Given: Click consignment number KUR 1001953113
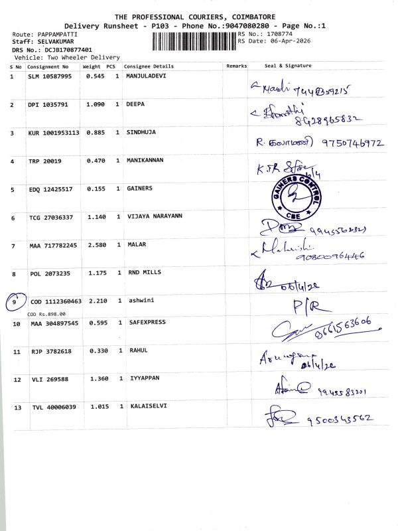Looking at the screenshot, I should point(54,133).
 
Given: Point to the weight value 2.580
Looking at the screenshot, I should point(97,246).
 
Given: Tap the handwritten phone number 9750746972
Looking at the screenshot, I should point(352,142).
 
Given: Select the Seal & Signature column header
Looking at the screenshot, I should point(288,66).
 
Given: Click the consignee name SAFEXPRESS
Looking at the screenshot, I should point(147,323).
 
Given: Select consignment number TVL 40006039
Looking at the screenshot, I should point(54,407).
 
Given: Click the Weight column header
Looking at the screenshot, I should point(91,66).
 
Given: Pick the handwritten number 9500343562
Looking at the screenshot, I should point(337,419).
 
